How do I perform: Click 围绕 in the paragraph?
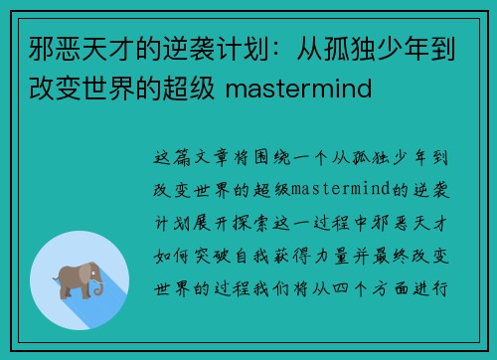coord(271,157)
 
